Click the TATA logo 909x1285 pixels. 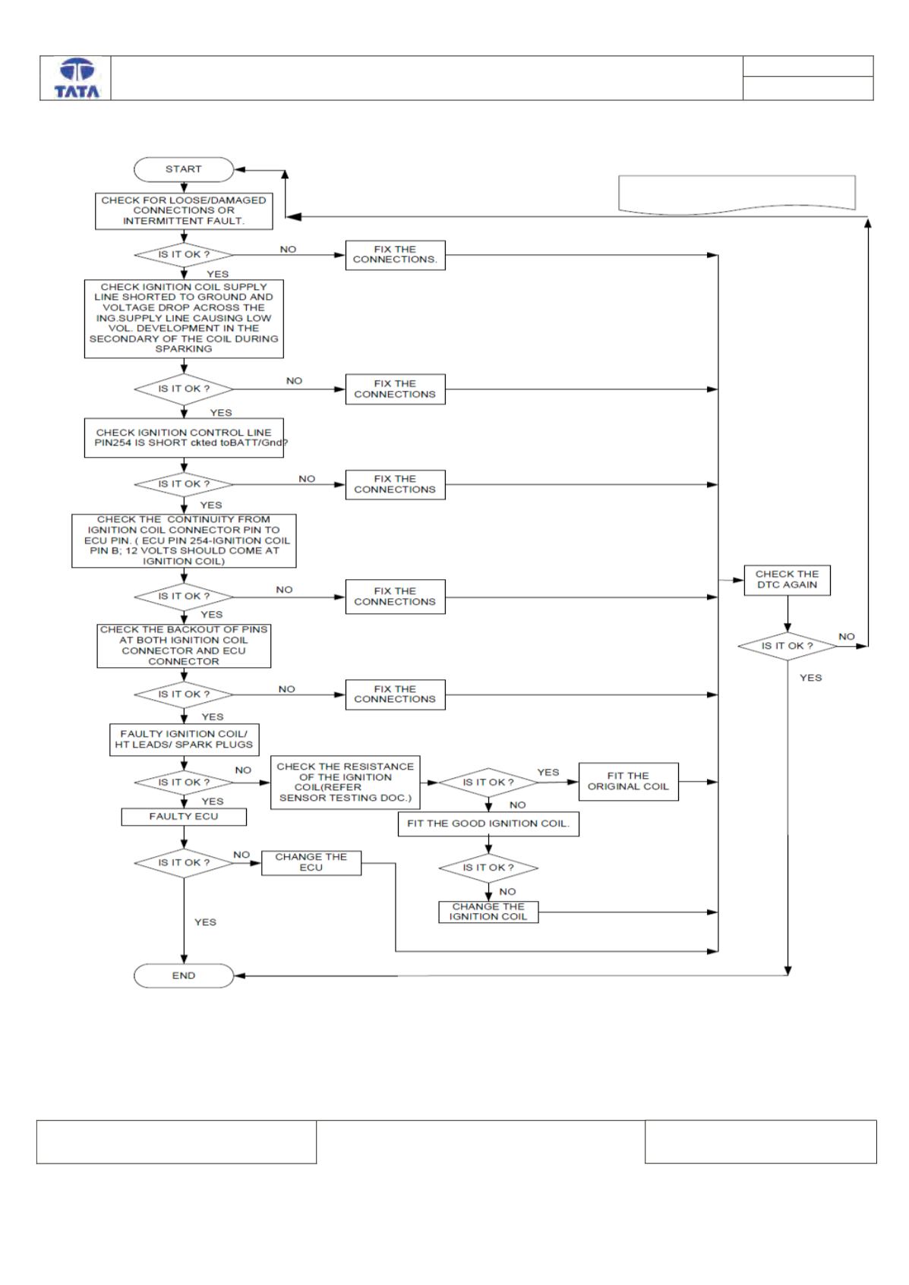click(x=77, y=78)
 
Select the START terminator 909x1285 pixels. click(x=184, y=169)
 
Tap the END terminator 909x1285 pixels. click(x=184, y=975)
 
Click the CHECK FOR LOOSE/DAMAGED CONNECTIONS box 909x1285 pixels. click(x=184, y=211)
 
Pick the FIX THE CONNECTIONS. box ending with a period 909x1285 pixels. click(x=395, y=255)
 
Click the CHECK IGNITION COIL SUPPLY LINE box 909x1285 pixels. click(x=184, y=318)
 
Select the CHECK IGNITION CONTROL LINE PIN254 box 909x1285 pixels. click(x=184, y=438)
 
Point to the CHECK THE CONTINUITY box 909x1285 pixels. click(x=184, y=540)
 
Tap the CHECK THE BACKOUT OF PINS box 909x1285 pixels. click(x=184, y=645)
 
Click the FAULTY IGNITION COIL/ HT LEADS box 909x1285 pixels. click(x=184, y=739)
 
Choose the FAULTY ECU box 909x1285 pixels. click(x=184, y=817)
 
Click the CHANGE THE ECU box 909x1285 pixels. click(x=311, y=863)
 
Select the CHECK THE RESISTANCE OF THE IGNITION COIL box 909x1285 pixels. click(x=345, y=783)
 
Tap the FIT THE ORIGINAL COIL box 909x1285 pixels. click(x=628, y=781)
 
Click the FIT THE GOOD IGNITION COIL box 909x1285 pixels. click(x=488, y=824)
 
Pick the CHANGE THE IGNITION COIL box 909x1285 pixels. click(x=488, y=912)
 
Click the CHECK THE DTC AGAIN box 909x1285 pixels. click(x=787, y=580)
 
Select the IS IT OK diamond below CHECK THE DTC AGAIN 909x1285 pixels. click(x=787, y=646)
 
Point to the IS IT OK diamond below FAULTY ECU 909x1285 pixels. click(x=184, y=863)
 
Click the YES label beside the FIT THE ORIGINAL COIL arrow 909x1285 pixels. click(x=548, y=772)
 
